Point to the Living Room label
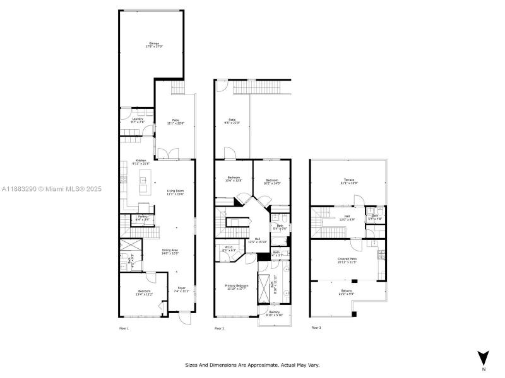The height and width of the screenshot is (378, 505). coord(175,192)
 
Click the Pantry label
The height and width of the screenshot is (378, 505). coord(143,218)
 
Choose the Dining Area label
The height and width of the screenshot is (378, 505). coord(170,251)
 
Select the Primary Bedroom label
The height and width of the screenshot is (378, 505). coord(237,287)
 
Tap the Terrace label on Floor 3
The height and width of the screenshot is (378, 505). coord(349,181)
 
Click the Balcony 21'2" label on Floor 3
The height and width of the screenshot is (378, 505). coord(347,292)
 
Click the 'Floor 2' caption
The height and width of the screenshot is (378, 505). coord(220,328)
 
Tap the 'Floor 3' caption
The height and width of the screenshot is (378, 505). coord(316,328)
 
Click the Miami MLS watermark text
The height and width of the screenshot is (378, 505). coord(52,188)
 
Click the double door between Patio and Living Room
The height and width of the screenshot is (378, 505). coord(167,154)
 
